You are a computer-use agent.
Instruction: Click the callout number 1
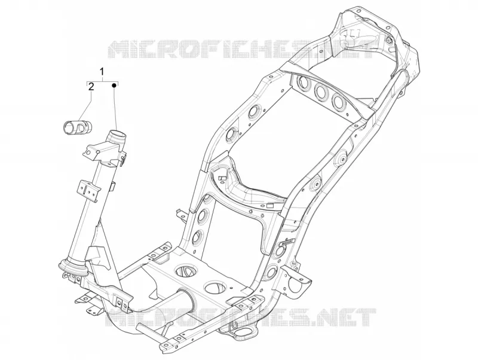tap(102, 72)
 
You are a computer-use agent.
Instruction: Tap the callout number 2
tap(91, 87)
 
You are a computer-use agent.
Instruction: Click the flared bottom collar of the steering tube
tap(73, 267)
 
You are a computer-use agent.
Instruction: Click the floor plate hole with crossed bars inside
tap(186, 270)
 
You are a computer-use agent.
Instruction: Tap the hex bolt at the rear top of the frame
tap(388, 39)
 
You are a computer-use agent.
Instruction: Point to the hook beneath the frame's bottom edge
tap(235, 325)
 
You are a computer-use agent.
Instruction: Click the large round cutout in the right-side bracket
tap(296, 285)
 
